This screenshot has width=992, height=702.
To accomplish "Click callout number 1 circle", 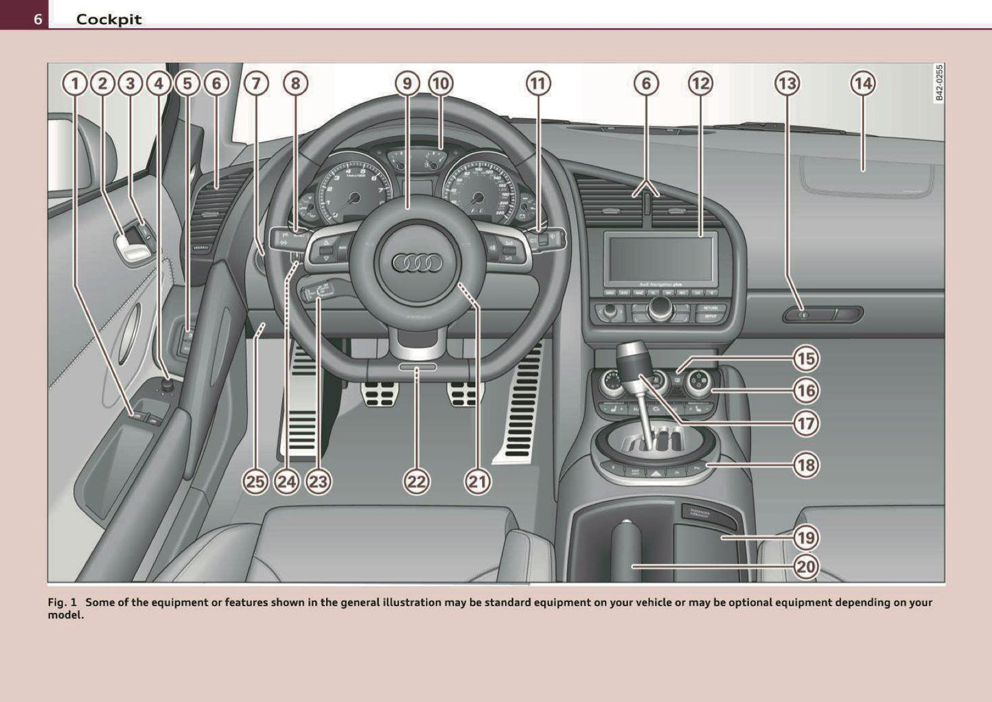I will pyautogui.click(x=75, y=84).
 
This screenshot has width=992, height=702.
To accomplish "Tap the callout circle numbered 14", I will pyautogui.click(x=862, y=84).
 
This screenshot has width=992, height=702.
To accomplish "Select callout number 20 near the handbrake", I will pyautogui.click(x=806, y=567).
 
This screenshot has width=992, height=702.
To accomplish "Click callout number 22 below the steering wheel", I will pyautogui.click(x=417, y=482).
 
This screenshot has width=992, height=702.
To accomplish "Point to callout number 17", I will pyautogui.click(x=806, y=423).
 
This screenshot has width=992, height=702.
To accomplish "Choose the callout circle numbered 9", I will pyautogui.click(x=407, y=84).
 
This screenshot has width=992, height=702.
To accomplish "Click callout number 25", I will pyautogui.click(x=255, y=482).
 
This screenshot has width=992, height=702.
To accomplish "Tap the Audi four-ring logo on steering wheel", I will pyautogui.click(x=417, y=263).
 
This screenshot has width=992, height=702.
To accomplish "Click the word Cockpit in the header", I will pyautogui.click(x=108, y=19).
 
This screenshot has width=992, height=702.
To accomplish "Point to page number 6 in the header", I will pyautogui.click(x=37, y=19).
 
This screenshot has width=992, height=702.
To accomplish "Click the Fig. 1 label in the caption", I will pyautogui.click(x=62, y=602).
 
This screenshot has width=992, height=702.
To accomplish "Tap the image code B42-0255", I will pyautogui.click(x=938, y=83).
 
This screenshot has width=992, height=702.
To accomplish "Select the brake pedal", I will pyautogui.click(x=377, y=393).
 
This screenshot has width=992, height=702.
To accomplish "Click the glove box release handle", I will pyautogui.click(x=822, y=315).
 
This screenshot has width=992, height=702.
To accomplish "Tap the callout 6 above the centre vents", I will pyautogui.click(x=645, y=84).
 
